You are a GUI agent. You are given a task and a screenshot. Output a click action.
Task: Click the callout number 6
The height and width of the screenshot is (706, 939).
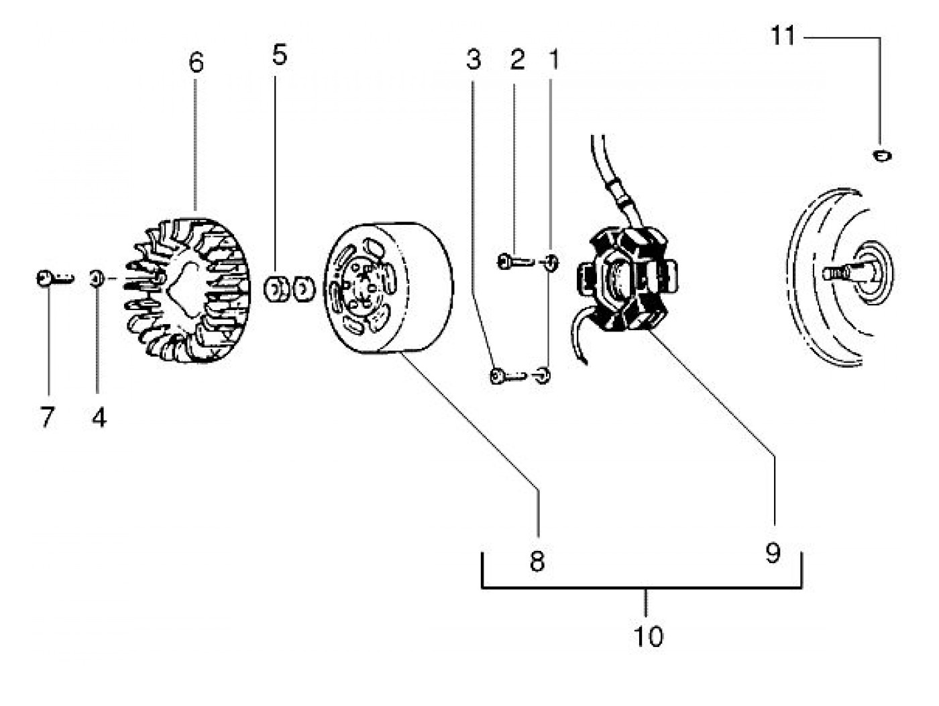tap(195, 63)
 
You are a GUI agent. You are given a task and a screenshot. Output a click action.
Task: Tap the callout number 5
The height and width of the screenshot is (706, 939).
tap(280, 55)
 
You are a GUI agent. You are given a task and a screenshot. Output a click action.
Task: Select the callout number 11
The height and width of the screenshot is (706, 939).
tap(783, 36)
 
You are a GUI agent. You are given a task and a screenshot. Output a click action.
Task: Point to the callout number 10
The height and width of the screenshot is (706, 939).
tap(648, 636)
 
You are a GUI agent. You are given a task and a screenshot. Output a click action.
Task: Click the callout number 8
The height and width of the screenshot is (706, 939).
tap(537, 561)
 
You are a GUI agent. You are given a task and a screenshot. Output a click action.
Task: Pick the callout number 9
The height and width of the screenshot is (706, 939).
tap(773, 553)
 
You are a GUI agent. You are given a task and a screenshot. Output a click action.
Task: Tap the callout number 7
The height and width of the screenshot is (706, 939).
tap(47, 417)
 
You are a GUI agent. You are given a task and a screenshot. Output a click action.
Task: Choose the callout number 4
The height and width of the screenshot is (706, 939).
tap(99, 417)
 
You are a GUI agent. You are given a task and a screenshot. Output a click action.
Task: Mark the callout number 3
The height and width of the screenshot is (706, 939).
tap(474, 60)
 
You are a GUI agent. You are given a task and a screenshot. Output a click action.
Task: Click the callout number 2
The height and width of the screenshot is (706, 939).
tap(517, 60)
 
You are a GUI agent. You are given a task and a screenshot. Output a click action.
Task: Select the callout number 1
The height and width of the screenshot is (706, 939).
tap(554, 60)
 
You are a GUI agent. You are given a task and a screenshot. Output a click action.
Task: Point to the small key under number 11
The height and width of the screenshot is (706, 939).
tap(883, 156)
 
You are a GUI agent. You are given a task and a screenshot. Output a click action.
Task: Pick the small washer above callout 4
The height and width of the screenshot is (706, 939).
tap(96, 277)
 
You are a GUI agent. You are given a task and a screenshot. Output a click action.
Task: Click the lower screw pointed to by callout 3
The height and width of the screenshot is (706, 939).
tap(506, 376)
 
